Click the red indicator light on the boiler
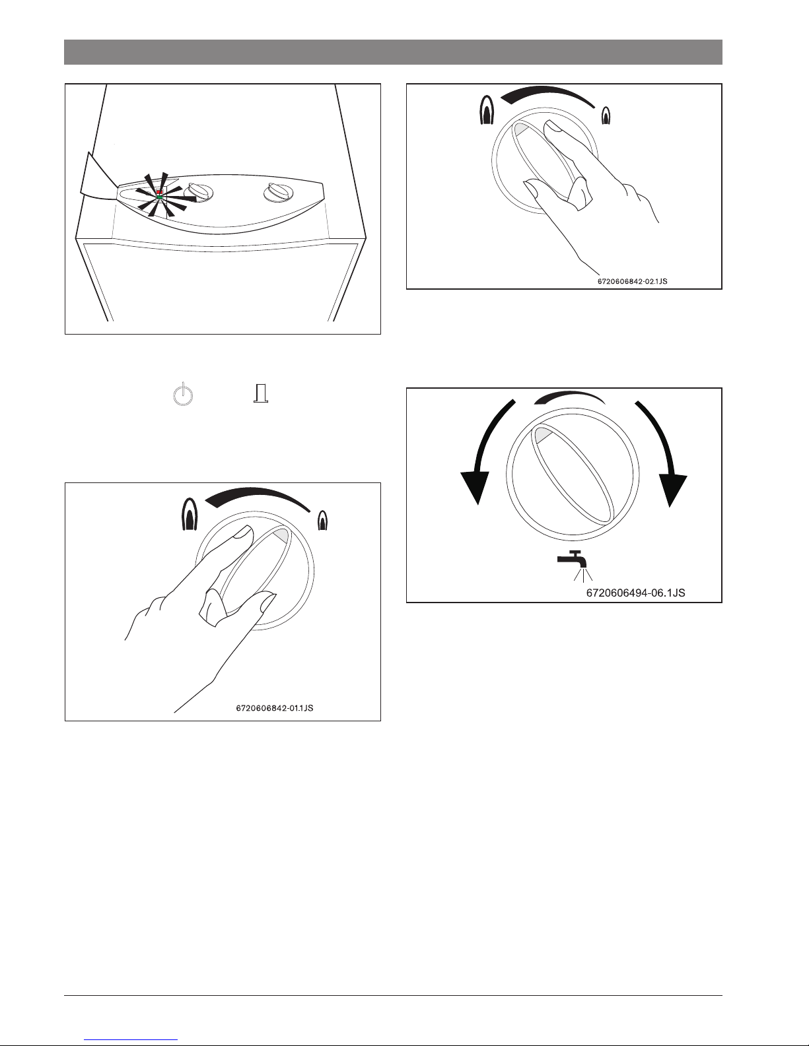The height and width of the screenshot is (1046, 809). coord(159,192)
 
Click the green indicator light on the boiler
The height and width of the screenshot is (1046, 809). coord(159,197)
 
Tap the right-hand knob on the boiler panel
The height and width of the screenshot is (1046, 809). coord(278,193)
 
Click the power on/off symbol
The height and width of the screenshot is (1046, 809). coord(183,394)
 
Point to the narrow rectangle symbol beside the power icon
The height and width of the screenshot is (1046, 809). coord(261,393)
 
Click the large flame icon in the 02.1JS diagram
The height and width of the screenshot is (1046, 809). coord(487,110)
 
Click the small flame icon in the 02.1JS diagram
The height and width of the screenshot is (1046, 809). coord(606,115)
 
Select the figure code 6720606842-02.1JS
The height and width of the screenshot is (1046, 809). coord(632,281)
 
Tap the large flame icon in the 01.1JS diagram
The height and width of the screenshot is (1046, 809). coord(190,513)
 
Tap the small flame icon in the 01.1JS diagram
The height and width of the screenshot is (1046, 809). coord(323,520)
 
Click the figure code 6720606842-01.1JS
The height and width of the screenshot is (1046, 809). coord(275,707)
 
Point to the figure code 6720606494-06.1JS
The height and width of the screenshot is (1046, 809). coord(635,593)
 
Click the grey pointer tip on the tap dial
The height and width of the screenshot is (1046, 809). coord(542,434)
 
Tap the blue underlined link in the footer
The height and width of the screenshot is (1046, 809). coord(131,1040)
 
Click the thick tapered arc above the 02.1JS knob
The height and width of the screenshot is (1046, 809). coord(547,92)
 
